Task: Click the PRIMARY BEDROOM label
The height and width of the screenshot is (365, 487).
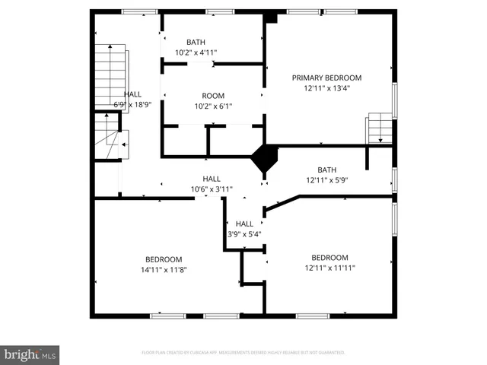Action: (327, 78)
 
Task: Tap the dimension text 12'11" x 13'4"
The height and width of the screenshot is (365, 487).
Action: (327, 87)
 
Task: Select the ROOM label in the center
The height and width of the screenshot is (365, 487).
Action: (212, 95)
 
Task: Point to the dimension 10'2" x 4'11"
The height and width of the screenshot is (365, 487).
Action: (196, 52)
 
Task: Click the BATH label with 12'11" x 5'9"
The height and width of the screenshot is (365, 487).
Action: (326, 170)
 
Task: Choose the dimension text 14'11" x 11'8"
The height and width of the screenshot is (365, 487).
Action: (164, 268)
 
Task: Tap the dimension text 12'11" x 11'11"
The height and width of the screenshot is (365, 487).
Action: (329, 267)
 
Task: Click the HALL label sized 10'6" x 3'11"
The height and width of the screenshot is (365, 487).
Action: (212, 179)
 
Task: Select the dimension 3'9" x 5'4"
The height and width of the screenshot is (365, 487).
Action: (244, 233)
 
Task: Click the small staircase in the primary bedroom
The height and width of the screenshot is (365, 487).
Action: (378, 129)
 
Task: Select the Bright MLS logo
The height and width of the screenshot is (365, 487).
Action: (30, 354)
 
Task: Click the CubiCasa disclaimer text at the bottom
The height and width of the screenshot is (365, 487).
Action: (243, 353)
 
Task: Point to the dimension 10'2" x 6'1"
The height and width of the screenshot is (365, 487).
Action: (212, 106)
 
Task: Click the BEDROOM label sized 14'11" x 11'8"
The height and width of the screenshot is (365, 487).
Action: (164, 259)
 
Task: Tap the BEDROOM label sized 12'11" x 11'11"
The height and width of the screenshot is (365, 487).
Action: (329, 257)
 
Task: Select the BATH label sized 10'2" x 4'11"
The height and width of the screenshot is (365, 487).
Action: (196, 42)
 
